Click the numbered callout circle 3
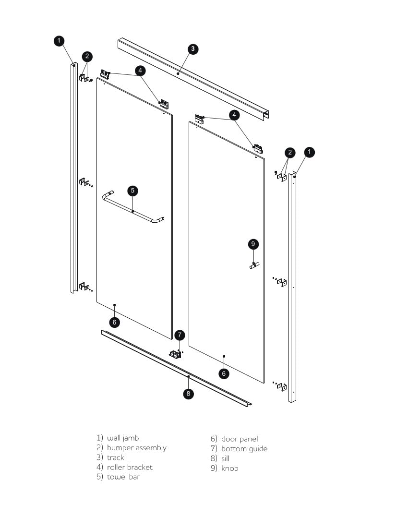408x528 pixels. point(192,48)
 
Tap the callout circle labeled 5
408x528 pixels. point(133,191)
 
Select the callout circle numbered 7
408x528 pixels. point(180,335)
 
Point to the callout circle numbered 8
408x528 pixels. point(189,394)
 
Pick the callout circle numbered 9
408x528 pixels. point(253,244)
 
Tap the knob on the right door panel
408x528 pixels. point(254,265)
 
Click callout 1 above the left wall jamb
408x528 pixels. point(59,41)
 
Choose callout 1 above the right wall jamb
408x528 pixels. point(310,152)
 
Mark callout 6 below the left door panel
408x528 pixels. point(114,322)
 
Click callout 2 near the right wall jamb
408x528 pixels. point(290,153)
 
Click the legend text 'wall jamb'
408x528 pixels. point(123,438)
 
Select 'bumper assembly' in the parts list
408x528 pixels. point(136,448)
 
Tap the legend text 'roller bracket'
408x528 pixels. point(130,467)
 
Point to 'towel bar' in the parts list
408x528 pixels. point(123,477)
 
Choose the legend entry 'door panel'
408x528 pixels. point(239,439)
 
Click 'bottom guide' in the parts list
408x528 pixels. point(244,449)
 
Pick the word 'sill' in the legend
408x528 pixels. point(225,458)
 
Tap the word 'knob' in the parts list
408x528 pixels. point(229,468)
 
